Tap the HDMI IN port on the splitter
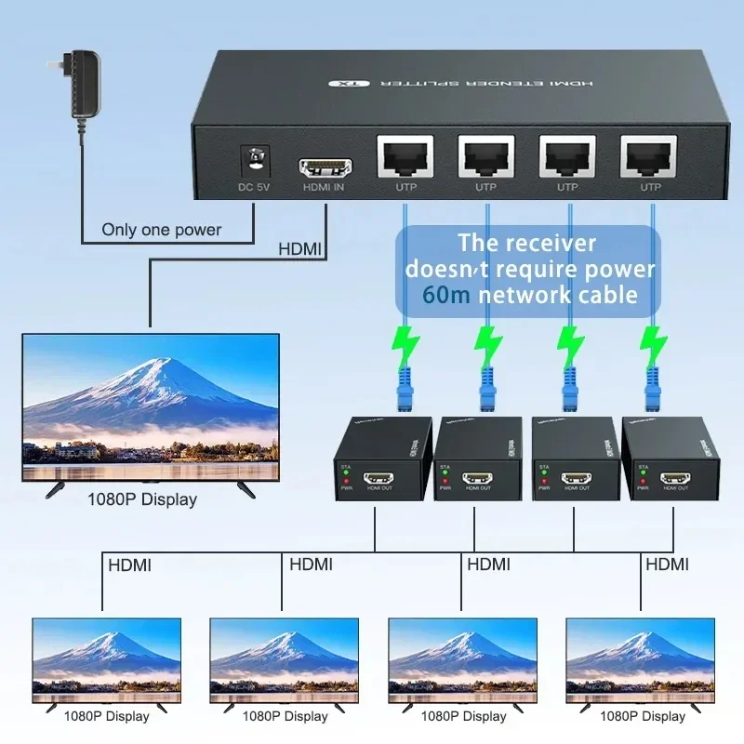click(x=325, y=169)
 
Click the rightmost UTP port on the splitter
click(x=649, y=156)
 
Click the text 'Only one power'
click(x=161, y=230)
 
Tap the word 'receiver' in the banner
click(x=542, y=244)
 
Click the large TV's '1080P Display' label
click(x=142, y=499)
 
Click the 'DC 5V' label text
click(x=253, y=187)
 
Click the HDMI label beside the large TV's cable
click(x=299, y=249)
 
